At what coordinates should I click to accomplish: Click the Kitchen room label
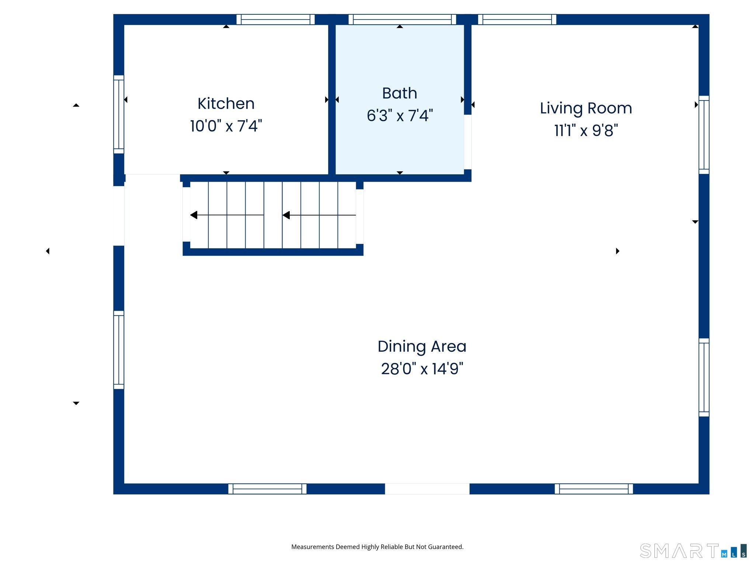(x=226, y=104)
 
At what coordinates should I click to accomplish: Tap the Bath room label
(x=400, y=93)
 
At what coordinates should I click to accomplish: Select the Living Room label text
(x=586, y=108)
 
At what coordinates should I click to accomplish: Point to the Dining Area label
(x=422, y=347)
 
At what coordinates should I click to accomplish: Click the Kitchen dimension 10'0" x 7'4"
(x=226, y=126)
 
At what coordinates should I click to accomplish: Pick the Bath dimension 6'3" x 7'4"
(x=400, y=115)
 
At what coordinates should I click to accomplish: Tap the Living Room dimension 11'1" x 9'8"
(x=586, y=130)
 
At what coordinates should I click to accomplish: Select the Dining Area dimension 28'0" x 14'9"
(x=422, y=369)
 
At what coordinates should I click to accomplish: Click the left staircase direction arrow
(x=227, y=215)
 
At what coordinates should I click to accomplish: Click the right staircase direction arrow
(x=319, y=215)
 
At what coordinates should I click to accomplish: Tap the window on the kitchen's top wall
(x=275, y=20)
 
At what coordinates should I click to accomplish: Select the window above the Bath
(x=402, y=20)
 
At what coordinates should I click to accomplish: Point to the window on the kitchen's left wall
(x=119, y=114)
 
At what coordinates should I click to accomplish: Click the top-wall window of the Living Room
(x=517, y=20)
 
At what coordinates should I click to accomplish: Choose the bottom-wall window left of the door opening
(x=267, y=489)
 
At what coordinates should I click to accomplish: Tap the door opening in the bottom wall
(x=427, y=489)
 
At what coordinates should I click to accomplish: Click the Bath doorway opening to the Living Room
(x=467, y=142)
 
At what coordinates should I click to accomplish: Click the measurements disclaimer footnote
(x=377, y=547)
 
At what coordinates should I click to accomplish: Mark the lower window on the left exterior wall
(x=119, y=350)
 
